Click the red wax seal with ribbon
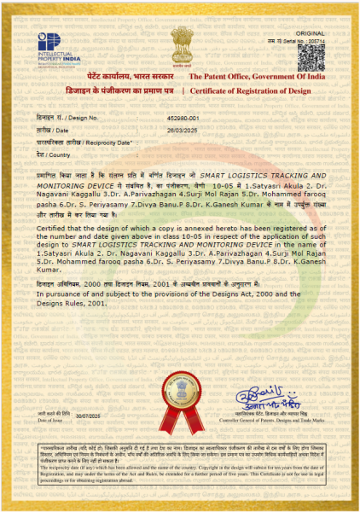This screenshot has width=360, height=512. click(181, 396)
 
